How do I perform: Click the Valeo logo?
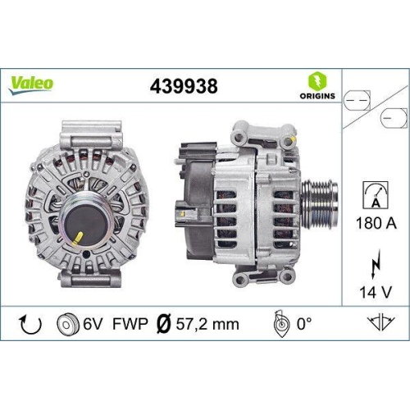(33, 82)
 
